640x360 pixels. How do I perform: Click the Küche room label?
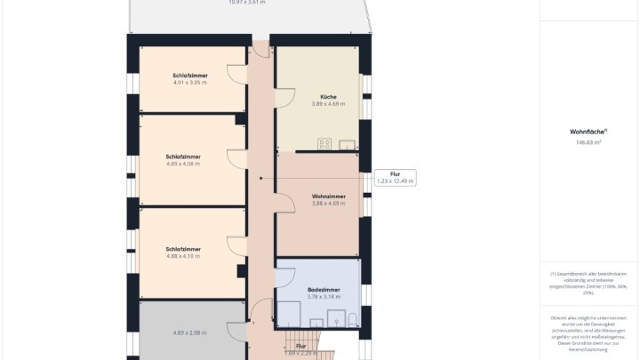(328, 96)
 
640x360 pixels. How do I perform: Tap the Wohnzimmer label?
(328, 196)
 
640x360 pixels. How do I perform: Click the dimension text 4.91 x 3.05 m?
(190, 83)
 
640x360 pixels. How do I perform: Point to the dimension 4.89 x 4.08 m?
(183, 164)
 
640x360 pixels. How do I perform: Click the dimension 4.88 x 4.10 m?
(183, 256)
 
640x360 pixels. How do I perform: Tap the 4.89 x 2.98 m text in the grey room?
(188, 332)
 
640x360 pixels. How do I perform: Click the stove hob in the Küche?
(324, 144)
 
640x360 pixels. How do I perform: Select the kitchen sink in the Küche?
(346, 144)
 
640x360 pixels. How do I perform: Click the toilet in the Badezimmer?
(353, 319)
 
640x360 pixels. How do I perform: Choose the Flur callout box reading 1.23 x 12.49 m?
(395, 178)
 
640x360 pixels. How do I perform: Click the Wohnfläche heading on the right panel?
(586, 132)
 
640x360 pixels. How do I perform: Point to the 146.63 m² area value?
(586, 141)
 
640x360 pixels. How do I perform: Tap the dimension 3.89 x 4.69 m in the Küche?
(328, 104)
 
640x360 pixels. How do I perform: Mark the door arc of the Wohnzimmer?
(286, 203)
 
